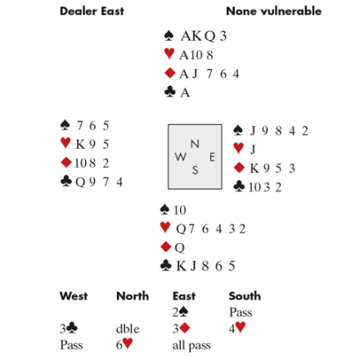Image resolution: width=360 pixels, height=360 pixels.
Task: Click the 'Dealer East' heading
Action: (92, 11)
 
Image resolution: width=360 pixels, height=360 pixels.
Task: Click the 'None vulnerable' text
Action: (274, 11)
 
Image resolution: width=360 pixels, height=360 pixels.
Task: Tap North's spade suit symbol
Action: (169, 36)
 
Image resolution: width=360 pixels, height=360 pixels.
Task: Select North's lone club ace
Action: (185, 93)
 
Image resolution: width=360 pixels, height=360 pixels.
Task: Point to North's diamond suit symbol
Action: (169, 73)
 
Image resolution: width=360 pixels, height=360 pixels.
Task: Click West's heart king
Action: (80, 144)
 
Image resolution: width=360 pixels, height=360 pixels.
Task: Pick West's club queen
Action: (80, 182)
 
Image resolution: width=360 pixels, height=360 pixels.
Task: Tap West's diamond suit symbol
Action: (66, 162)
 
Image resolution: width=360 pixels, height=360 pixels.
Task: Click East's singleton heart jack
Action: (253, 149)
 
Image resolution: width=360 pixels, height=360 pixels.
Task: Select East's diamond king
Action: (254, 169)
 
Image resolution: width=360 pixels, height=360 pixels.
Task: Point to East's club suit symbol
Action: (239, 187)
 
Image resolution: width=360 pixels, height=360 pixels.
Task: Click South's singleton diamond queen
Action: (179, 248)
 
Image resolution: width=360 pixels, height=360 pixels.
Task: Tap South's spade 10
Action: (180, 210)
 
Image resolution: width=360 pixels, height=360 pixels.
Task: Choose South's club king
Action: (182, 266)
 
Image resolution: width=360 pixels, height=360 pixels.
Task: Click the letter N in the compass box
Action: (195, 144)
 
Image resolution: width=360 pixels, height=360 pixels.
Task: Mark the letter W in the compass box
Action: (181, 157)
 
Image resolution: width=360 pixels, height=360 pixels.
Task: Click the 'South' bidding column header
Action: (245, 296)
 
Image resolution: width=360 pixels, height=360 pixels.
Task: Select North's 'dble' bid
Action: (128, 329)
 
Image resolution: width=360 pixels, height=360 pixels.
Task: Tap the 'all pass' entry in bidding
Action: (191, 345)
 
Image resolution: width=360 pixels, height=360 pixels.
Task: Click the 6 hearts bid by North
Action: (124, 344)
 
